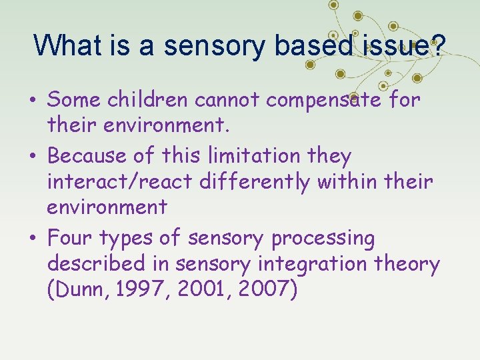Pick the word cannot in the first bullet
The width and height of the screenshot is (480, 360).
point(229,100)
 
